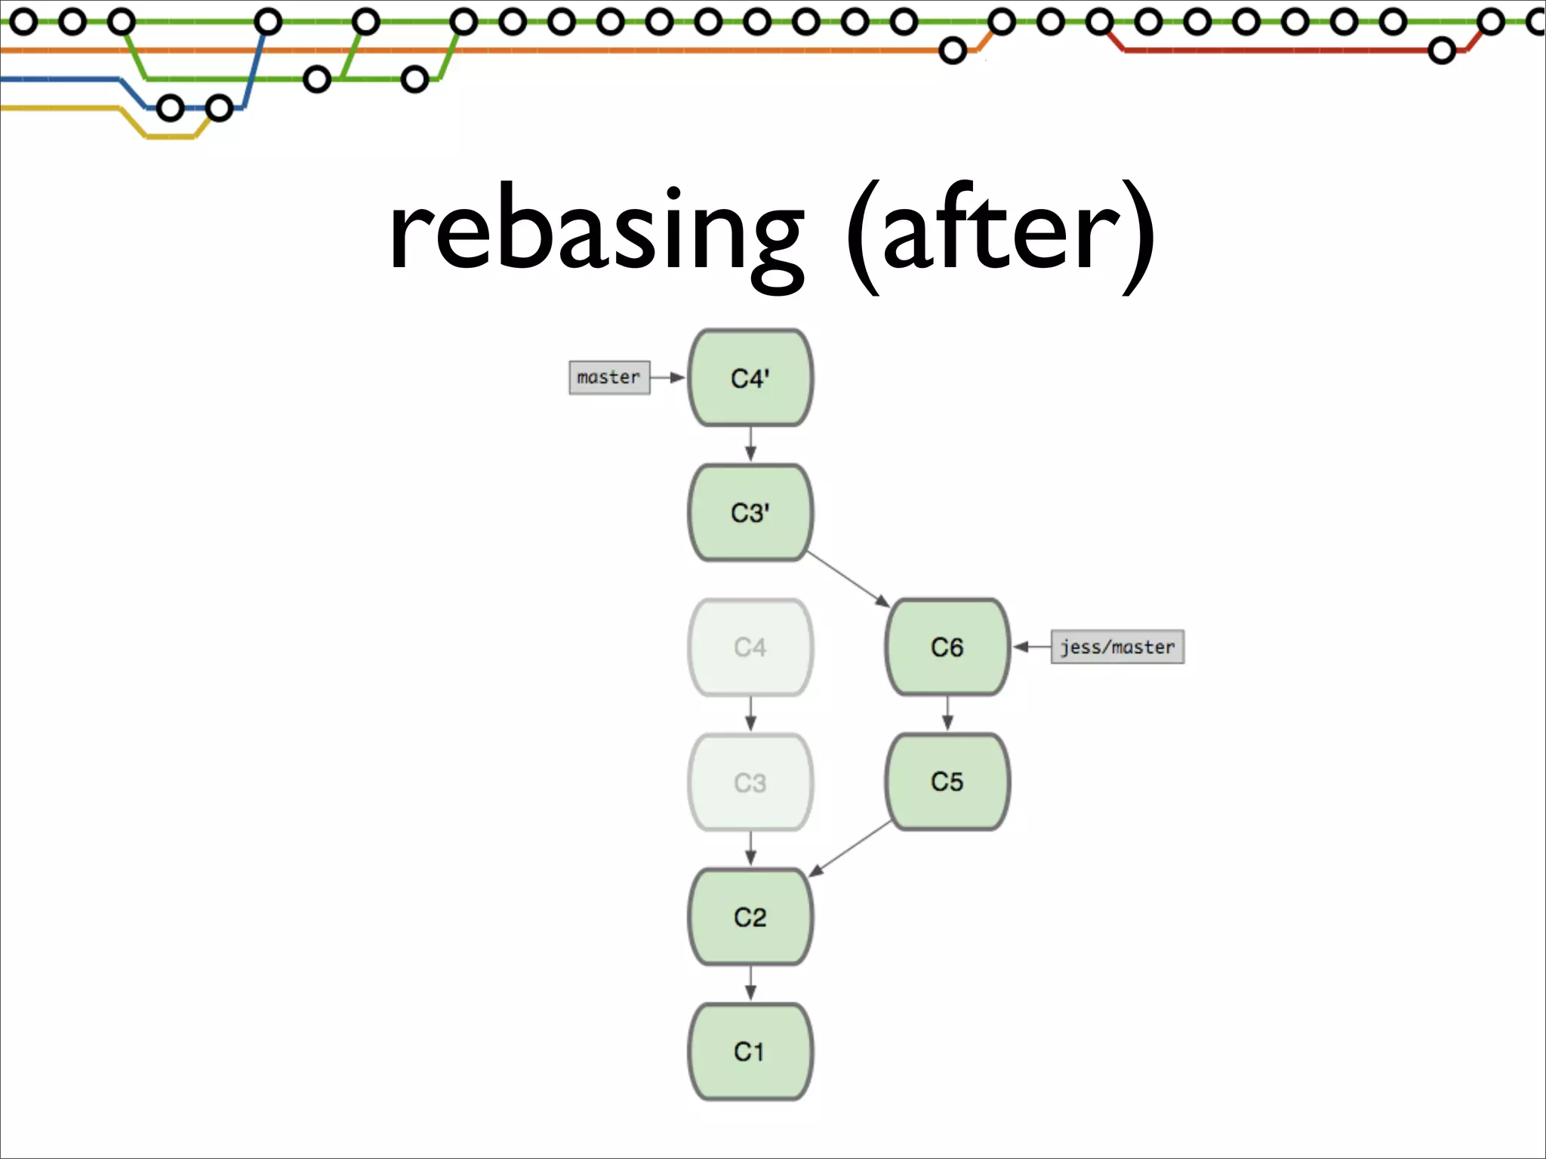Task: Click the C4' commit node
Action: (x=750, y=377)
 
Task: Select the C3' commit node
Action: (x=750, y=512)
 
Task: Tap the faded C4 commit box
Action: (x=750, y=647)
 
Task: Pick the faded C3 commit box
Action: (x=750, y=782)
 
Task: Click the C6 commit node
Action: (x=947, y=647)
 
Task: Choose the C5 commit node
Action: (x=947, y=781)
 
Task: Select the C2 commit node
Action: (x=750, y=916)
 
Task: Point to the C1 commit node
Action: (x=750, y=1051)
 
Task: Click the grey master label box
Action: (x=608, y=377)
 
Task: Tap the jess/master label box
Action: (x=1117, y=647)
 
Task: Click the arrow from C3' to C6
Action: (x=848, y=579)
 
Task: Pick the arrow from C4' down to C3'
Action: (x=750, y=444)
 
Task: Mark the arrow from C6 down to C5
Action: (x=947, y=713)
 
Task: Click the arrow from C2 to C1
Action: (x=750, y=983)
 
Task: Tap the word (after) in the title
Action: (x=1000, y=234)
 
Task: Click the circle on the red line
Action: (x=1441, y=51)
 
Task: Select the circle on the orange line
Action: (x=953, y=51)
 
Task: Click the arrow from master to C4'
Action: (x=667, y=377)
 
